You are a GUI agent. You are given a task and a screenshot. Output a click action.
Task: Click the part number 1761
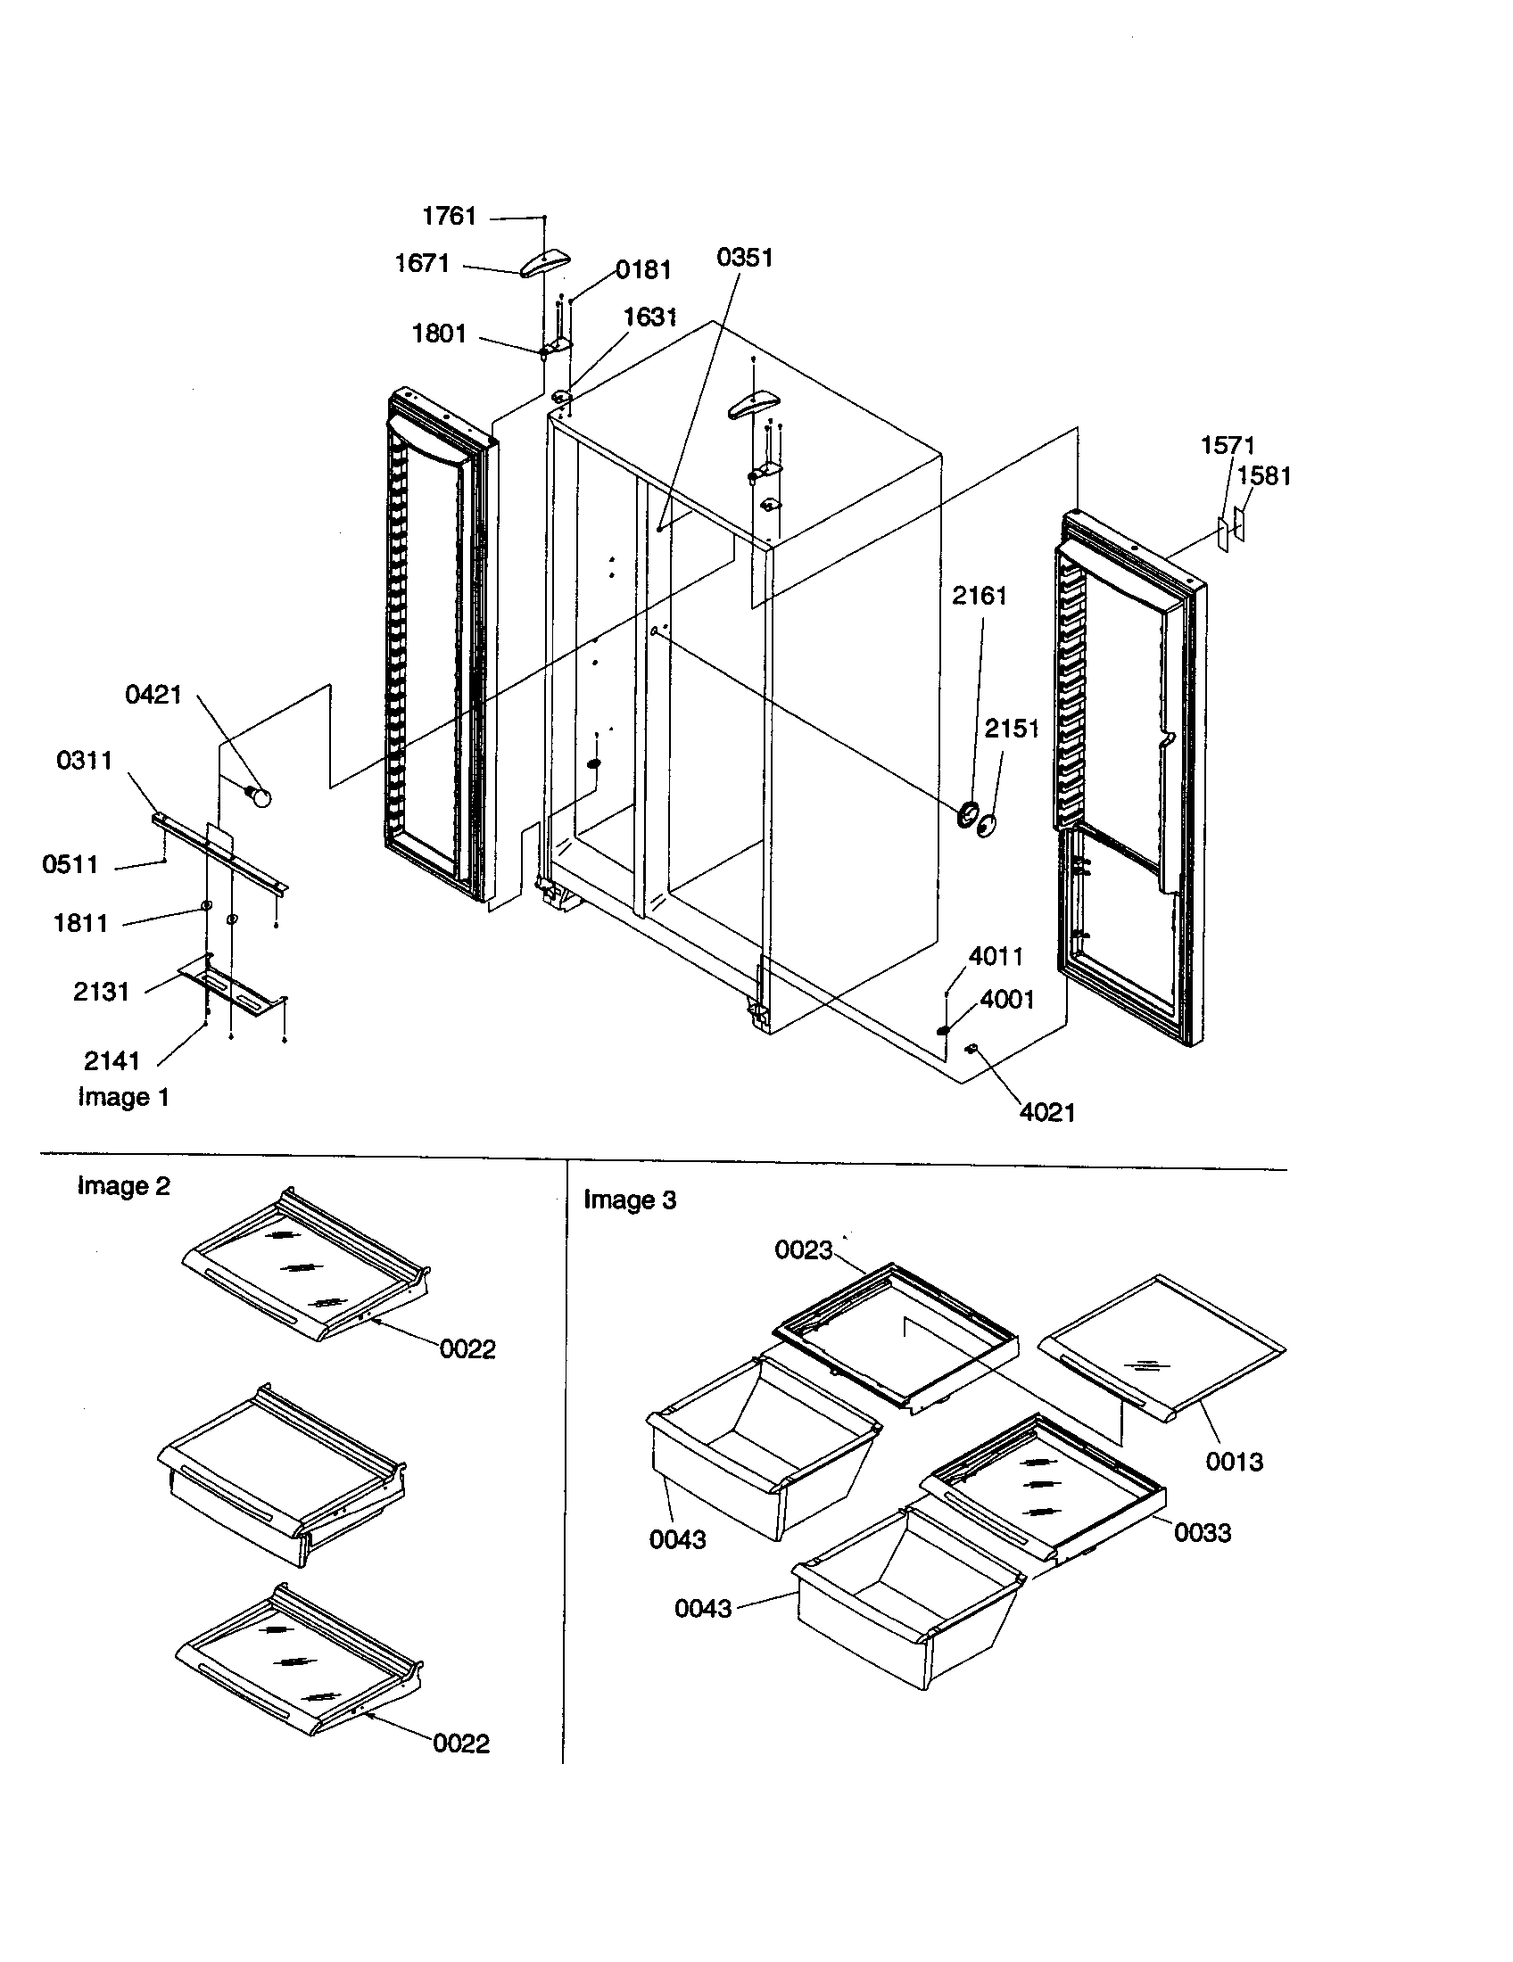(449, 217)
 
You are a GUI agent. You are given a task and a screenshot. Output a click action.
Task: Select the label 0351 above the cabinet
(744, 258)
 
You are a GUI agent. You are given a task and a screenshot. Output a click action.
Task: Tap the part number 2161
(980, 596)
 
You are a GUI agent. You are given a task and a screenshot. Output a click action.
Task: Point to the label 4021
(1046, 1112)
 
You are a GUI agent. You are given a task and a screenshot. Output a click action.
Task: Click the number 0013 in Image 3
(1234, 1462)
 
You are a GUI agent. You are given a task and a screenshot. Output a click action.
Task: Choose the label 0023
(803, 1250)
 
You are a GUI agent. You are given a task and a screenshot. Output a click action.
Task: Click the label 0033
(1203, 1532)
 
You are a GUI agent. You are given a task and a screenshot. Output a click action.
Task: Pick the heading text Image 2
(123, 1186)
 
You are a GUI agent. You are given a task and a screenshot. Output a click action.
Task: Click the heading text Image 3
(630, 1199)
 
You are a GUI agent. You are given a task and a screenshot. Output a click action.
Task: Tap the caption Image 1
(123, 1097)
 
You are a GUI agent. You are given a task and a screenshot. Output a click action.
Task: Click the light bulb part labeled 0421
(260, 795)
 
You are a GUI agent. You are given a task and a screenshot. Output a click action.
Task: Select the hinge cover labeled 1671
(545, 264)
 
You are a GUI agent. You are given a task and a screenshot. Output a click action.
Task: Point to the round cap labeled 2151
(988, 825)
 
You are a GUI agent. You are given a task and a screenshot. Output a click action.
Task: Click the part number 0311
(85, 760)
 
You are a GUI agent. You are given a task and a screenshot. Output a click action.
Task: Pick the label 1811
(81, 923)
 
